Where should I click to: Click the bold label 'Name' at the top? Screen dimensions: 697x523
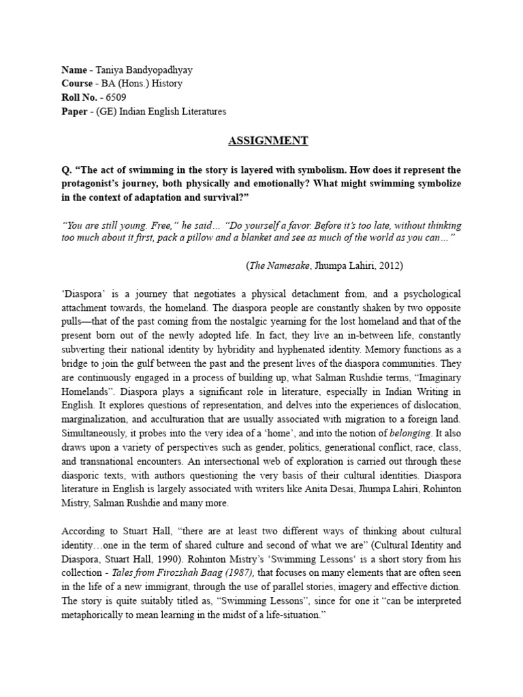[x=74, y=70]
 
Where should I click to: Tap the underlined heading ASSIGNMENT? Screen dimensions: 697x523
[x=267, y=141]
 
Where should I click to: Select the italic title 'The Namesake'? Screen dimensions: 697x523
[x=277, y=266]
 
